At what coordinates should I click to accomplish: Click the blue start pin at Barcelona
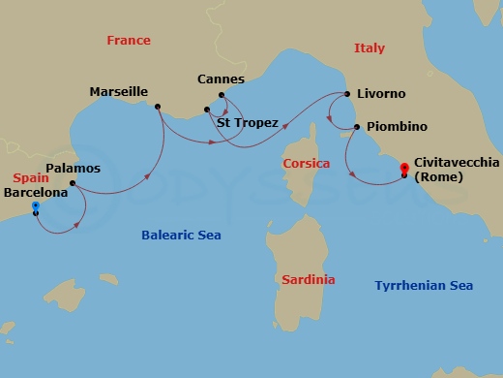pos(36,206)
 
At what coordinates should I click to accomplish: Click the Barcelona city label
pos(37,192)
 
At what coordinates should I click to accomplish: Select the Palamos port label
pos(74,168)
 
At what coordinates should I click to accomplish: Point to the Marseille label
pos(118,92)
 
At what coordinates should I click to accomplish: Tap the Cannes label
pos(221,79)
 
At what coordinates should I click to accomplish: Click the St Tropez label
pos(248,123)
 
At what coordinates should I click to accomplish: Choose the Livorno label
pos(381,94)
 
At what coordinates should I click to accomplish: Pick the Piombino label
pos(397,127)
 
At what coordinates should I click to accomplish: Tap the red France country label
pos(129,41)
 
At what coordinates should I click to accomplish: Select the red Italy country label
pos(369,48)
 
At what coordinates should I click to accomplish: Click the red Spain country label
pos(31,178)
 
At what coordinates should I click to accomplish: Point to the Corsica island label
pos(306,164)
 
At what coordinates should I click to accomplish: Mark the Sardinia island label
pos(309,279)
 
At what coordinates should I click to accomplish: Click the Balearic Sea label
pos(181,235)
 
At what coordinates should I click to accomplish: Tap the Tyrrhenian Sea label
pos(424,285)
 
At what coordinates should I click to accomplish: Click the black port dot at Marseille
pos(157,107)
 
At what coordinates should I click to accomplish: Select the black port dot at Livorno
pos(347,95)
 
